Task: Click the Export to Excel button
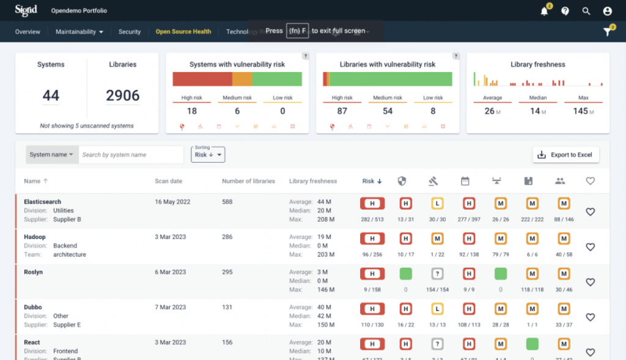point(565,155)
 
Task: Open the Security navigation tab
point(130,32)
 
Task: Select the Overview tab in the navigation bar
point(28,32)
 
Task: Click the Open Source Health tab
point(183,32)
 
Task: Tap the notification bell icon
point(544,11)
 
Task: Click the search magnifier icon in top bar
point(586,11)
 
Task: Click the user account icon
point(607,11)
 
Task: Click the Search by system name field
point(131,155)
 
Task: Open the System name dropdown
point(52,155)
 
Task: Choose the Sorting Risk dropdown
point(208,155)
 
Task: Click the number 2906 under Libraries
point(123,95)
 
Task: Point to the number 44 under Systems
point(51,95)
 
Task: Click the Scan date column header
point(168,181)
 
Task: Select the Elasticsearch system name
point(42,202)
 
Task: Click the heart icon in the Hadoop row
point(590,247)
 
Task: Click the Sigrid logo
point(26,10)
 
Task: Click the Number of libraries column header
point(248,181)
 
